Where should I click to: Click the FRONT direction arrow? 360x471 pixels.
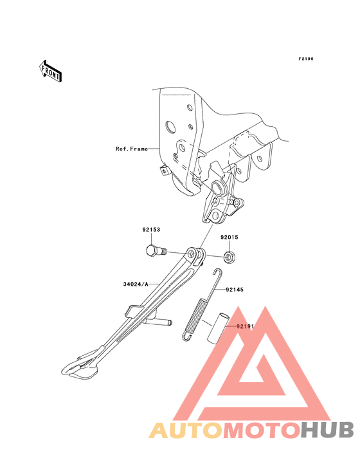pyautogui.click(x=50, y=71)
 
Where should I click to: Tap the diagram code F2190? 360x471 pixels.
pyautogui.click(x=306, y=59)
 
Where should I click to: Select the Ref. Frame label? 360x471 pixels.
pyautogui.click(x=132, y=149)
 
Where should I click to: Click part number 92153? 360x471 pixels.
pyautogui.click(x=151, y=230)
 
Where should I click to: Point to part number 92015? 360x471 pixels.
pyautogui.click(x=230, y=237)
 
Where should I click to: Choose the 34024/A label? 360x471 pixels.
pyautogui.click(x=136, y=284)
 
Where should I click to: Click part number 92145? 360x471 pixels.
pyautogui.click(x=235, y=290)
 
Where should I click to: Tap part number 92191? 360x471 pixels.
pyautogui.click(x=246, y=326)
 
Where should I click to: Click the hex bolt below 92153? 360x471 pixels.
pyautogui.click(x=156, y=250)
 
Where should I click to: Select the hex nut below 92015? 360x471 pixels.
pyautogui.click(x=230, y=257)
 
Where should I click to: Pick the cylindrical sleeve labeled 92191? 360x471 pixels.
pyautogui.click(x=217, y=327)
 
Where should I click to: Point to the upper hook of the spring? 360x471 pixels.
pyautogui.click(x=217, y=274)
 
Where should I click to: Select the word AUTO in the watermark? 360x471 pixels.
pyautogui.click(x=186, y=430)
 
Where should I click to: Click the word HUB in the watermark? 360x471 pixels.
pyautogui.click(x=327, y=430)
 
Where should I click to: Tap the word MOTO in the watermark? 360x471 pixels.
pyautogui.click(x=262, y=430)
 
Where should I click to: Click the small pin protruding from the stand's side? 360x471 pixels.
pyautogui.click(x=157, y=322)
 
